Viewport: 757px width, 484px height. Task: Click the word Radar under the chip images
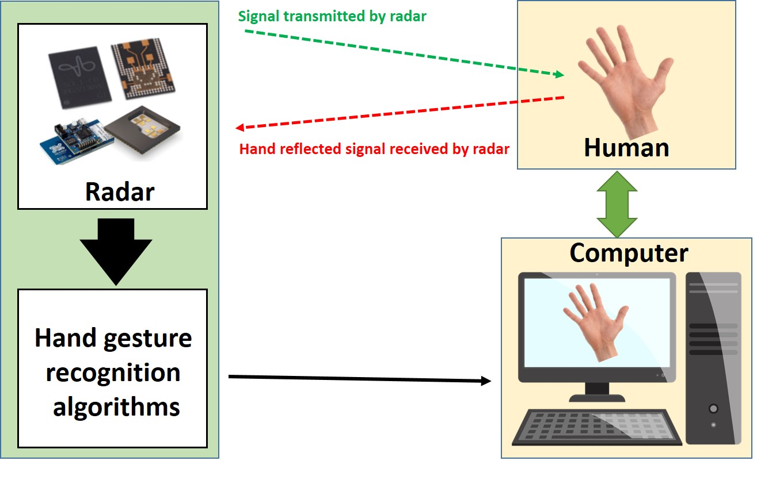pyautogui.click(x=120, y=192)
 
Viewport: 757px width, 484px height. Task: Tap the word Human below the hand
pyautogui.click(x=626, y=148)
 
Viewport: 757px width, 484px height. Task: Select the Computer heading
pyautogui.click(x=629, y=253)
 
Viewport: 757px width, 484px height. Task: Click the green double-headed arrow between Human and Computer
pyautogui.click(x=617, y=204)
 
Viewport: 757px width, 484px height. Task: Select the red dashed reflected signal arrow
pyautogui.click(x=403, y=113)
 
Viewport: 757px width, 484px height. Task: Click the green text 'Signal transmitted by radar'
pyautogui.click(x=332, y=16)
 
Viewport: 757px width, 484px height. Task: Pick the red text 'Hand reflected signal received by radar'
pyautogui.click(x=374, y=149)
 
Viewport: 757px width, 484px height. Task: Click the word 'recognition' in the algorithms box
pyautogui.click(x=113, y=373)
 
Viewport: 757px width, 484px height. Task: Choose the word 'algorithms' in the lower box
pyautogui.click(x=117, y=408)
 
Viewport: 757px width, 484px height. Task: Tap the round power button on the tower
pyautogui.click(x=713, y=409)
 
